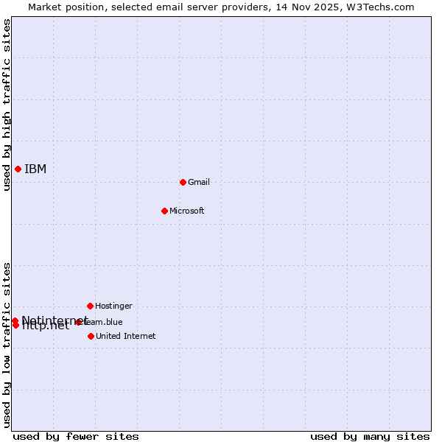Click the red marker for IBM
18,169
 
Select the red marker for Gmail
183,182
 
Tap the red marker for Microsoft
164,211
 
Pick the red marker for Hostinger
90,306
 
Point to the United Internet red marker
91,336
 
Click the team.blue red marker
78,322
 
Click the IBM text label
35,169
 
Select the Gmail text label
199,182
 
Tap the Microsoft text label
187,211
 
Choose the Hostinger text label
114,306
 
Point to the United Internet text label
126,336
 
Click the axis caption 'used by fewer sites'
76,436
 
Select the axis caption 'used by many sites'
370,436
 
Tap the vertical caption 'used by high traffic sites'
7,105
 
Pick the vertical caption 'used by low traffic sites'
7,345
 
